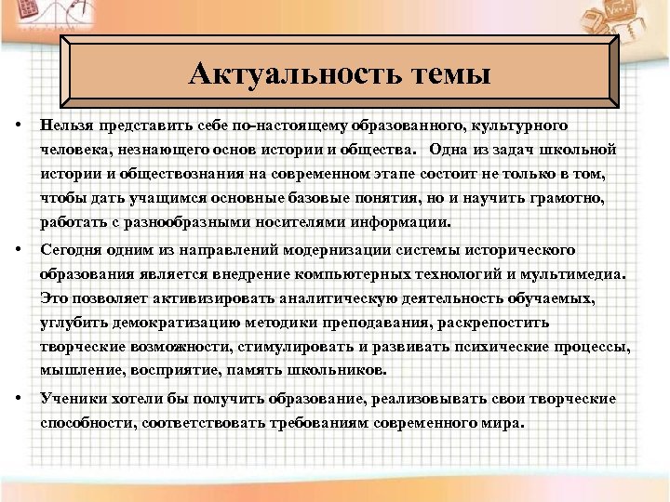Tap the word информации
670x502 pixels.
399,223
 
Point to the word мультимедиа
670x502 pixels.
577,274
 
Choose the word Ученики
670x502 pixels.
69,398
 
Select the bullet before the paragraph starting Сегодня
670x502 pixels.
20,250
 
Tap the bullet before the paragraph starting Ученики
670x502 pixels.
20,398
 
